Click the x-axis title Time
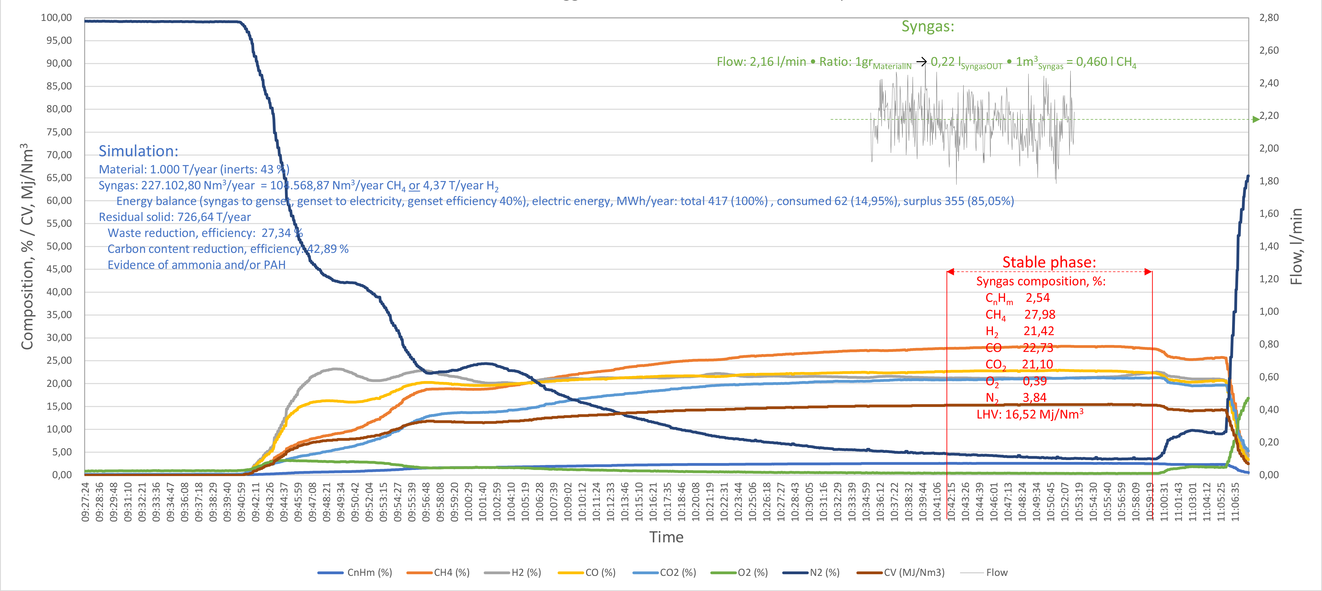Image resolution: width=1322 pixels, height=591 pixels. (x=666, y=537)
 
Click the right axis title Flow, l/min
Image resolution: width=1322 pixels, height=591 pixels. (x=1297, y=247)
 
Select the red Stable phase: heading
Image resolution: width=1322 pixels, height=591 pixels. (x=1049, y=262)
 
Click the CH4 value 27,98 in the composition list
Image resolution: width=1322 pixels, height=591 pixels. (x=1040, y=314)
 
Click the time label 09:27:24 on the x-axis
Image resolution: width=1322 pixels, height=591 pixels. (x=85, y=501)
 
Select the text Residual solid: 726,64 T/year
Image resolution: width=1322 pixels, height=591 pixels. (x=175, y=217)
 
